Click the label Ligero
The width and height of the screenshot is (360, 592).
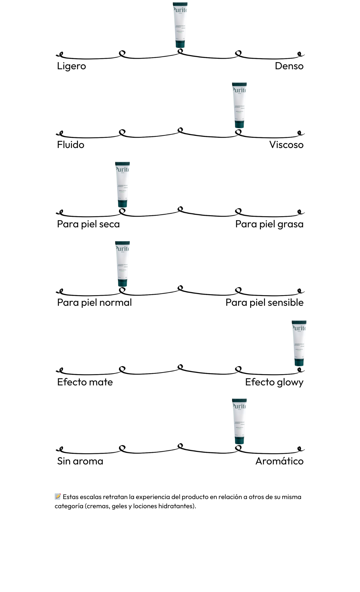coord(71,66)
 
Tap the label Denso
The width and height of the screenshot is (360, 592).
coord(289,66)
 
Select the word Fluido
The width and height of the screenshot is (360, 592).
coord(70,145)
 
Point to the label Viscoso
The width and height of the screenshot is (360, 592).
coord(286,145)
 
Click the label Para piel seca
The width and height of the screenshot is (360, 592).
coord(88,224)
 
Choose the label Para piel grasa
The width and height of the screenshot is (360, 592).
coord(269,224)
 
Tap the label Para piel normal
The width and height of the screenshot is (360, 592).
coord(94,303)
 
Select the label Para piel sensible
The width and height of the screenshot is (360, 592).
coord(264,303)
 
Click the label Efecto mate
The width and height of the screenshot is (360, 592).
coord(85,382)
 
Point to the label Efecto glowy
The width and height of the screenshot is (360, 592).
coord(274,382)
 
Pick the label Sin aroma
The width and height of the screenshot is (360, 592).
coord(80,461)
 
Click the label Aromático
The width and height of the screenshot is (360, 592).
coord(279,461)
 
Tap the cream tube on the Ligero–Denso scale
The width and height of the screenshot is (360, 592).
coord(180,25)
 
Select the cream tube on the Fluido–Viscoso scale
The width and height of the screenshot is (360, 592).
coord(239,105)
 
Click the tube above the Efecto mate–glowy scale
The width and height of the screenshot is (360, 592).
coord(299,343)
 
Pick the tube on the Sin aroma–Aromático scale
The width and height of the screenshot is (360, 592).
coord(239,421)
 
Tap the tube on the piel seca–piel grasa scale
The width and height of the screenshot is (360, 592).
coord(122,184)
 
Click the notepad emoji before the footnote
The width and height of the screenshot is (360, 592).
coord(58,496)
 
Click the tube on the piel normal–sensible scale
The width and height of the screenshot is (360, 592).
coord(122,264)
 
